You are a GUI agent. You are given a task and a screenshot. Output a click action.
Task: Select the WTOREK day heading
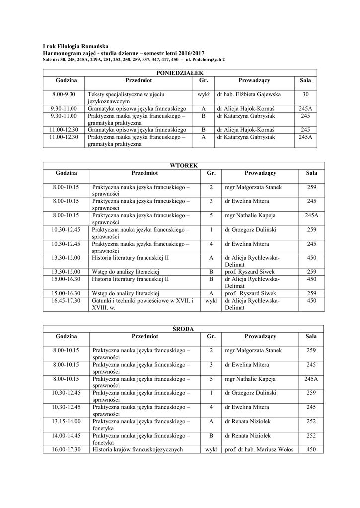click(x=184, y=165)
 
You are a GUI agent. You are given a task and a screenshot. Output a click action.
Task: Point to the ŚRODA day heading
click(x=183, y=329)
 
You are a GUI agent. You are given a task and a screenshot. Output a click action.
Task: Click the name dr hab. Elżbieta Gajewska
click(x=249, y=94)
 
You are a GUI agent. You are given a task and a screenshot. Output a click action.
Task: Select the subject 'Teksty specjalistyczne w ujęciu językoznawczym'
click(x=127, y=97)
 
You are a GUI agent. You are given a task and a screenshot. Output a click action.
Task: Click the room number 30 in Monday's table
click(x=305, y=94)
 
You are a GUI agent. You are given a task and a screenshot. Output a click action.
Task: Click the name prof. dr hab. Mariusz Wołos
click(x=259, y=450)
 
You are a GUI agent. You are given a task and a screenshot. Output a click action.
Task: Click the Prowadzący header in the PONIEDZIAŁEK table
click(x=254, y=80)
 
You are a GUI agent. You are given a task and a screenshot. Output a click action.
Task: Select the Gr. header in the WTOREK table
click(x=211, y=173)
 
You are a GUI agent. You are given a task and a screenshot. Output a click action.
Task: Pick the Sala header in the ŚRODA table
click(x=311, y=336)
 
